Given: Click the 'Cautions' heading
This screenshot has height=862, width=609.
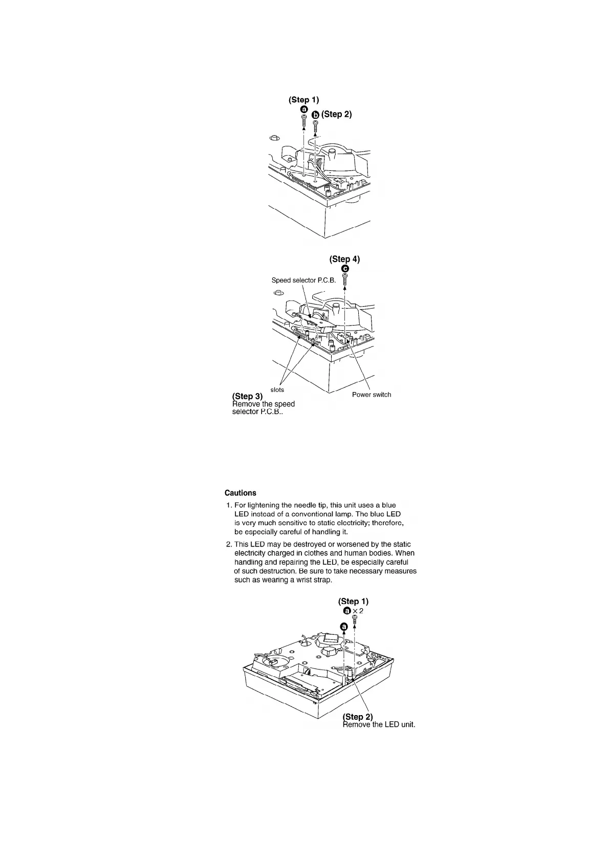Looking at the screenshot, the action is click(240, 493).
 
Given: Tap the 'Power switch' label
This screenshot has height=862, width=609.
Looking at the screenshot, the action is click(371, 395).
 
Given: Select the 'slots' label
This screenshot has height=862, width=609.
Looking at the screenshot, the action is click(277, 390).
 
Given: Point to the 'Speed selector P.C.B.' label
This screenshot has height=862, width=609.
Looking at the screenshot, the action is click(303, 281).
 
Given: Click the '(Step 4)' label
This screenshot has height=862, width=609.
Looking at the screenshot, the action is click(344, 259).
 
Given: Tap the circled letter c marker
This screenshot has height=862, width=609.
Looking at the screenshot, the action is click(345, 269).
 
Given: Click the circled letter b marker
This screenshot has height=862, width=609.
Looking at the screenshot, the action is click(315, 115).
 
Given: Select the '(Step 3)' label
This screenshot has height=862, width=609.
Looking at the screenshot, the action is click(247, 396).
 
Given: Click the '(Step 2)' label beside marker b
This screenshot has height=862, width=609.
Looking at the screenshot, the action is click(336, 114).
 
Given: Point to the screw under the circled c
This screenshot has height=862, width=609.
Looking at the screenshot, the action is click(345, 279).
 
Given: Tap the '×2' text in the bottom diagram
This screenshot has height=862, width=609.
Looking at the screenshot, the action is click(358, 611).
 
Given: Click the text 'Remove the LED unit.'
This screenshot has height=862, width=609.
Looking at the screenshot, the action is click(378, 725).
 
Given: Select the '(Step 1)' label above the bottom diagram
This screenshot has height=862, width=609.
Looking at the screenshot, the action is click(353, 601).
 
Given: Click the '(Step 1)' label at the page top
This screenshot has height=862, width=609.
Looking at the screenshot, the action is click(303, 99).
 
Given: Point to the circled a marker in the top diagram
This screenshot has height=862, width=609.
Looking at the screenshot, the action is click(303, 110).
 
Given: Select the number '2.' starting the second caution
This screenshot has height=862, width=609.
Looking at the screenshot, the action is click(229, 544).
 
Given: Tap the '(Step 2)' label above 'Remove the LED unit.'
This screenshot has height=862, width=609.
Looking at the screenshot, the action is click(357, 717).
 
